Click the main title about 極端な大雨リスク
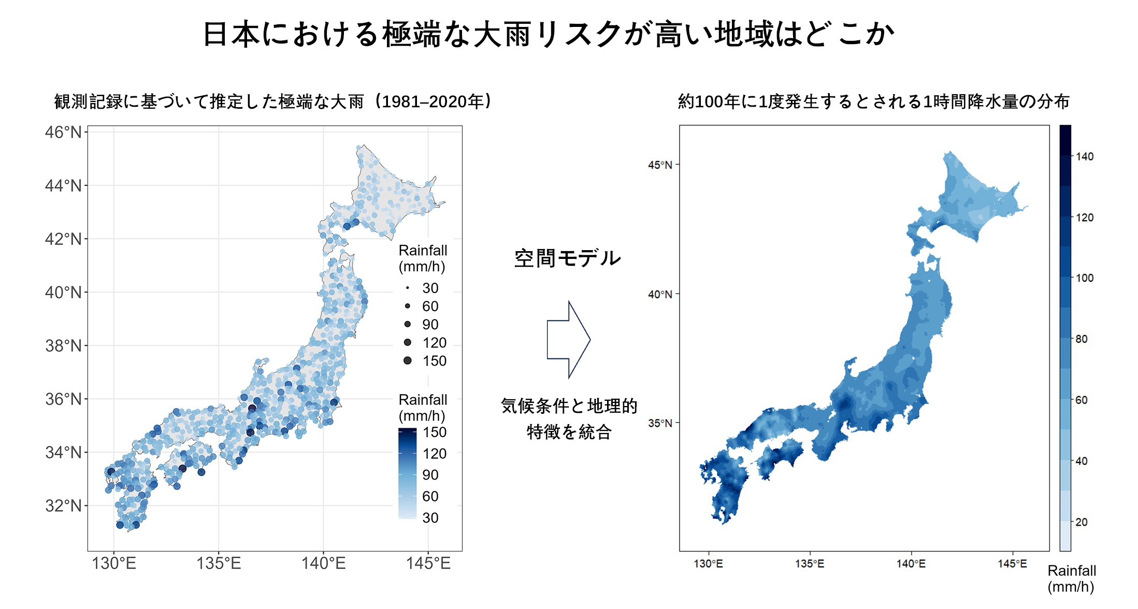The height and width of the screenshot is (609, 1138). point(548,34)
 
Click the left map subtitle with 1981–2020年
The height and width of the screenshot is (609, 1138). point(273,102)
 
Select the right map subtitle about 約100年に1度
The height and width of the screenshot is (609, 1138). point(873,102)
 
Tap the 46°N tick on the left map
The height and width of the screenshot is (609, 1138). point(63,132)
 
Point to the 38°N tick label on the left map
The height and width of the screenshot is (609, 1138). point(63,345)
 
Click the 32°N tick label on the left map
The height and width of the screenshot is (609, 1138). point(63,505)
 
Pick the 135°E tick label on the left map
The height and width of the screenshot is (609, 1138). point(219,563)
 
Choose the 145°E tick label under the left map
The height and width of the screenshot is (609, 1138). point(428,563)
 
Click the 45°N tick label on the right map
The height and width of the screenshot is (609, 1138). point(659,165)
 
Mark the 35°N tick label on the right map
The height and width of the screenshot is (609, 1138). point(659,423)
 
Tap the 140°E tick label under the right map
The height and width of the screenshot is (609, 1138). point(911,564)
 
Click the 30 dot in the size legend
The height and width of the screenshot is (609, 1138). point(408,288)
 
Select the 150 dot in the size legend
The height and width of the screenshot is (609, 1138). point(408,360)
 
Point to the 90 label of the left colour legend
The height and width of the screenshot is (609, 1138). point(430,475)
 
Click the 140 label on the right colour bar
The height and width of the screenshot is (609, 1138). point(1085,156)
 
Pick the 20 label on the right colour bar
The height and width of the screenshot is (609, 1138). point(1082,522)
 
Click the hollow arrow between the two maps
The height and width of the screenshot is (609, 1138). point(568,340)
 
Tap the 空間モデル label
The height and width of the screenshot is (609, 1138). point(567,258)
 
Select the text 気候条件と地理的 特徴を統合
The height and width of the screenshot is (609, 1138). point(569,418)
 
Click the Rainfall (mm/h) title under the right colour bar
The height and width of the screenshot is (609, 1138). point(1071,578)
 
